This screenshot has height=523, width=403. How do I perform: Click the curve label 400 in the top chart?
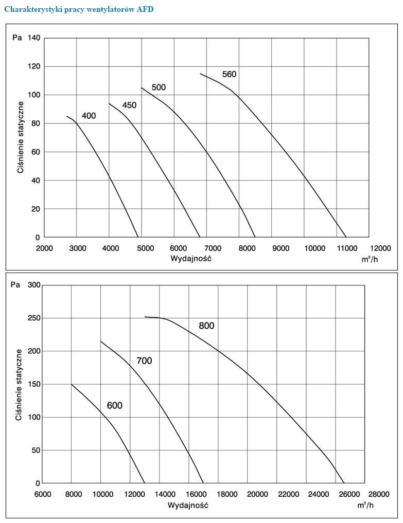pos(89,116)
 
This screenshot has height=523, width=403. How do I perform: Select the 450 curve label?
pos(129,105)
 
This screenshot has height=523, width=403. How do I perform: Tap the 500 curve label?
pos(159,87)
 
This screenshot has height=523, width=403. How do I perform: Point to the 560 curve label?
pos(229,75)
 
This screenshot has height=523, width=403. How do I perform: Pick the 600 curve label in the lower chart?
pos(115,406)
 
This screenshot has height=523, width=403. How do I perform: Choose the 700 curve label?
pos(144,361)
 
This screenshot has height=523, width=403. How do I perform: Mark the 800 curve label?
pos(206,326)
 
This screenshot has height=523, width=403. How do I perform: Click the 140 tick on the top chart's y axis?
pos(34,38)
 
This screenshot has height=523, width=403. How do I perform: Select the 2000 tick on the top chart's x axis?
pos(45,248)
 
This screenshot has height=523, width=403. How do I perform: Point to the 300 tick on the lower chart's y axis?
pos(33,285)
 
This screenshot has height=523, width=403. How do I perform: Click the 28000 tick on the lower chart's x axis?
pos(379,494)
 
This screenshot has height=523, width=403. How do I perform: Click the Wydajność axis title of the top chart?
pos(191,258)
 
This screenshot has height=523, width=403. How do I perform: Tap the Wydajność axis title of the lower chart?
pos(188,504)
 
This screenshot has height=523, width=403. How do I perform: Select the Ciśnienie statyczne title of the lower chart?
pos(19,385)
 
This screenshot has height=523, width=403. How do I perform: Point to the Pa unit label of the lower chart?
pos(15,284)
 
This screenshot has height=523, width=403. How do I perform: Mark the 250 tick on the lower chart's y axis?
pos(33,318)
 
